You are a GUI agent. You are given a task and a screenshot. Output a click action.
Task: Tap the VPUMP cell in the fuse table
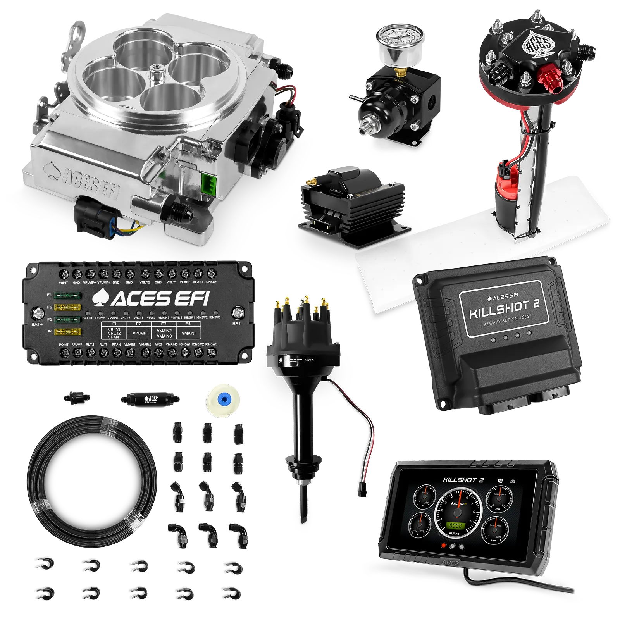point(139,333)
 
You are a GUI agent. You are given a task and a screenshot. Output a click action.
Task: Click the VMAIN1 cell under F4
point(188,333)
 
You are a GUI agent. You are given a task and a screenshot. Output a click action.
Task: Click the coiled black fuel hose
point(92,480)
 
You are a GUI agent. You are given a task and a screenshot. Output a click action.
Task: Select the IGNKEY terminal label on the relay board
point(211,282)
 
